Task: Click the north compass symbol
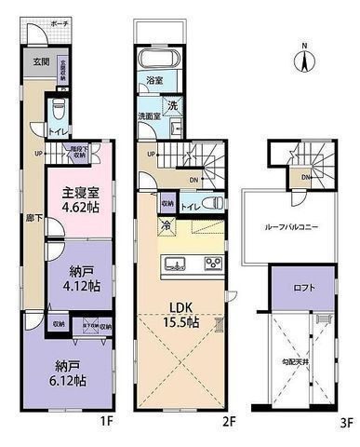point(305,61)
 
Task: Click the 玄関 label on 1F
point(40,62)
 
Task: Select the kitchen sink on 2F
point(176,264)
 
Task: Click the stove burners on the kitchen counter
point(213,264)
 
